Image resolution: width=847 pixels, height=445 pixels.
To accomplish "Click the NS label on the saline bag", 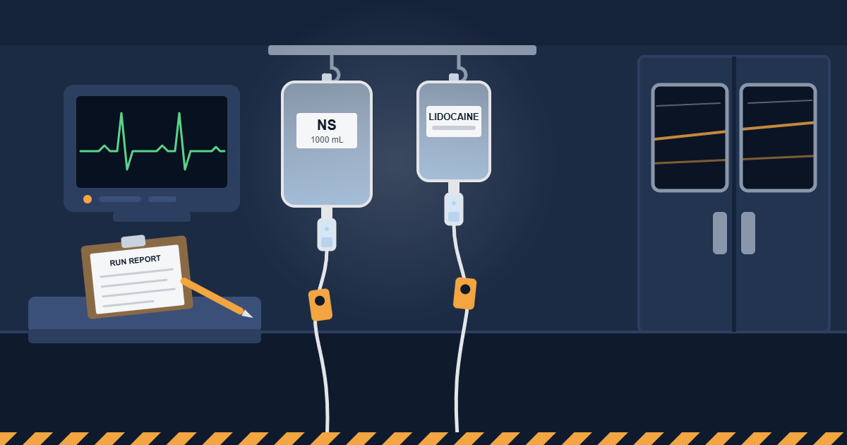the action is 327,125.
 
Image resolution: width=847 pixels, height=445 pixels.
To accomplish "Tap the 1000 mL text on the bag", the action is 327,140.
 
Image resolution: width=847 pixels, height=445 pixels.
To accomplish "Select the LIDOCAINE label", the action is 453,117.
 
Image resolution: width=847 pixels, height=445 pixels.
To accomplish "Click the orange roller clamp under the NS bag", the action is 320,305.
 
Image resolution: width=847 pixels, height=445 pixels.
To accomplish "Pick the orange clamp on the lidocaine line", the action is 464,293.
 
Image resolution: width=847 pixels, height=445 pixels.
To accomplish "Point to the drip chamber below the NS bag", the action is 327,235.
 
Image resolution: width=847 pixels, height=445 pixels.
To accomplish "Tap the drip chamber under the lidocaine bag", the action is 454,209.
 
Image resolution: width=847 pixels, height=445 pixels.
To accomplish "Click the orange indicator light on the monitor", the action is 88,199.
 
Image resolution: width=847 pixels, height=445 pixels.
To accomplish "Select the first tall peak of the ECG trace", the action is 121,114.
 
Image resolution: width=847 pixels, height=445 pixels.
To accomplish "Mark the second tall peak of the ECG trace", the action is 179,114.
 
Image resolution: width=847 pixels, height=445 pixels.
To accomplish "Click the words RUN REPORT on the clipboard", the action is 135,261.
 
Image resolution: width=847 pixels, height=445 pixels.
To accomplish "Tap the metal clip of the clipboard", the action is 133,242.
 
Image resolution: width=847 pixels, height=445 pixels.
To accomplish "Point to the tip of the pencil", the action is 252,317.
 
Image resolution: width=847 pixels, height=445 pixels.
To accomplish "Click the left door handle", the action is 719,233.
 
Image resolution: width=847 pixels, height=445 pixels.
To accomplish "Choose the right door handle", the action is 748,233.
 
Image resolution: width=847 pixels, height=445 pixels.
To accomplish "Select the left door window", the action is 690,138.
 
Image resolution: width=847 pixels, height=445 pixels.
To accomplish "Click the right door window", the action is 778,138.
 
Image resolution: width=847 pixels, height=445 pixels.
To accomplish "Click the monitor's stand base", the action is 152,217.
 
